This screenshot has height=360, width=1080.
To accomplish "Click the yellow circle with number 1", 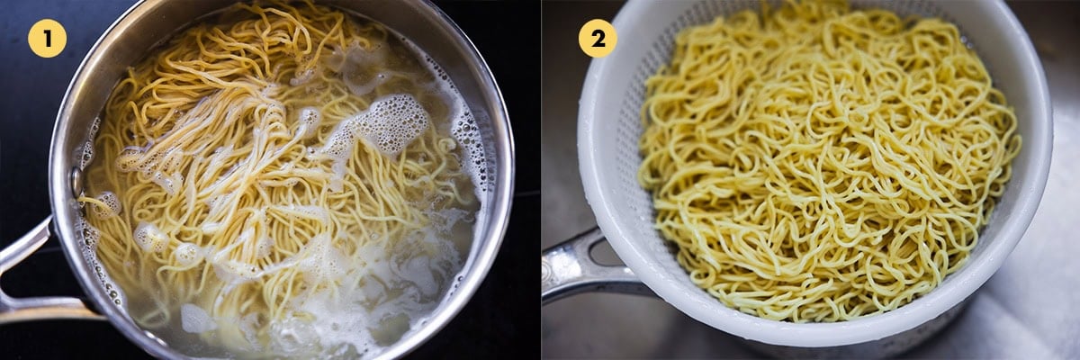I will [47, 38].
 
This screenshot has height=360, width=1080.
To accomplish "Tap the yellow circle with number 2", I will [598, 38].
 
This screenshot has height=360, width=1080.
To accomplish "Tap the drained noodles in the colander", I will [828, 171].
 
